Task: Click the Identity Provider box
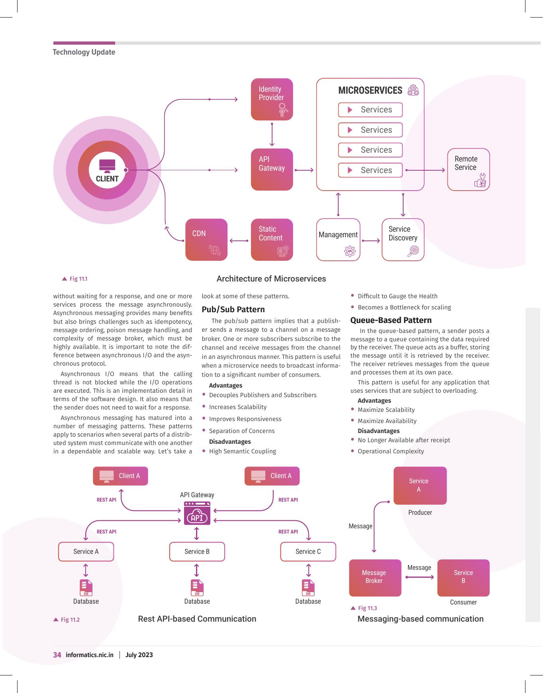[272, 99]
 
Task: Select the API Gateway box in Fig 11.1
[272, 169]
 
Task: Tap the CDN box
[206, 240]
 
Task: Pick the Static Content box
[272, 240]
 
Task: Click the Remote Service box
[468, 169]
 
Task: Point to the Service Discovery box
[403, 240]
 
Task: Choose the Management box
[338, 240]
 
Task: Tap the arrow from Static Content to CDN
[239, 240]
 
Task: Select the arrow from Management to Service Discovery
[371, 240]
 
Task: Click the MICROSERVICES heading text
[370, 91]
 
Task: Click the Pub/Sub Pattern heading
[233, 309]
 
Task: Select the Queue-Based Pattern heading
[391, 320]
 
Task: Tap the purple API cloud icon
[197, 514]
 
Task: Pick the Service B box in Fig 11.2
[197, 551]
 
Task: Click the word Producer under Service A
[420, 512]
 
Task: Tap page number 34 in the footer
[57, 655]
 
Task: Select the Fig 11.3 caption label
[364, 608]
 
